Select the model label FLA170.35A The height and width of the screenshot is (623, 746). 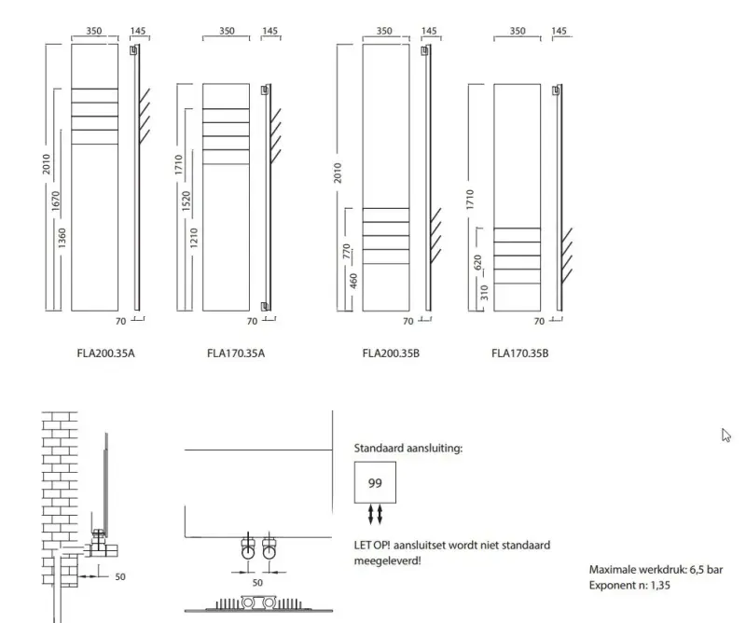click(x=236, y=353)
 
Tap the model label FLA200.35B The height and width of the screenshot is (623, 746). click(x=390, y=353)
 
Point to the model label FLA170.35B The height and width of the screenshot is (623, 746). click(x=518, y=353)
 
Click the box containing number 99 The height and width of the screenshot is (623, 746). click(x=375, y=483)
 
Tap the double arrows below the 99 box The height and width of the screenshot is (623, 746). click(x=375, y=515)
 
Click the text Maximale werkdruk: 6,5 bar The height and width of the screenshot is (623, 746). click(x=656, y=569)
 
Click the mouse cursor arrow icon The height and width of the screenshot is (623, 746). click(x=726, y=435)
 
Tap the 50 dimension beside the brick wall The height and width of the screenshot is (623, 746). click(x=119, y=576)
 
